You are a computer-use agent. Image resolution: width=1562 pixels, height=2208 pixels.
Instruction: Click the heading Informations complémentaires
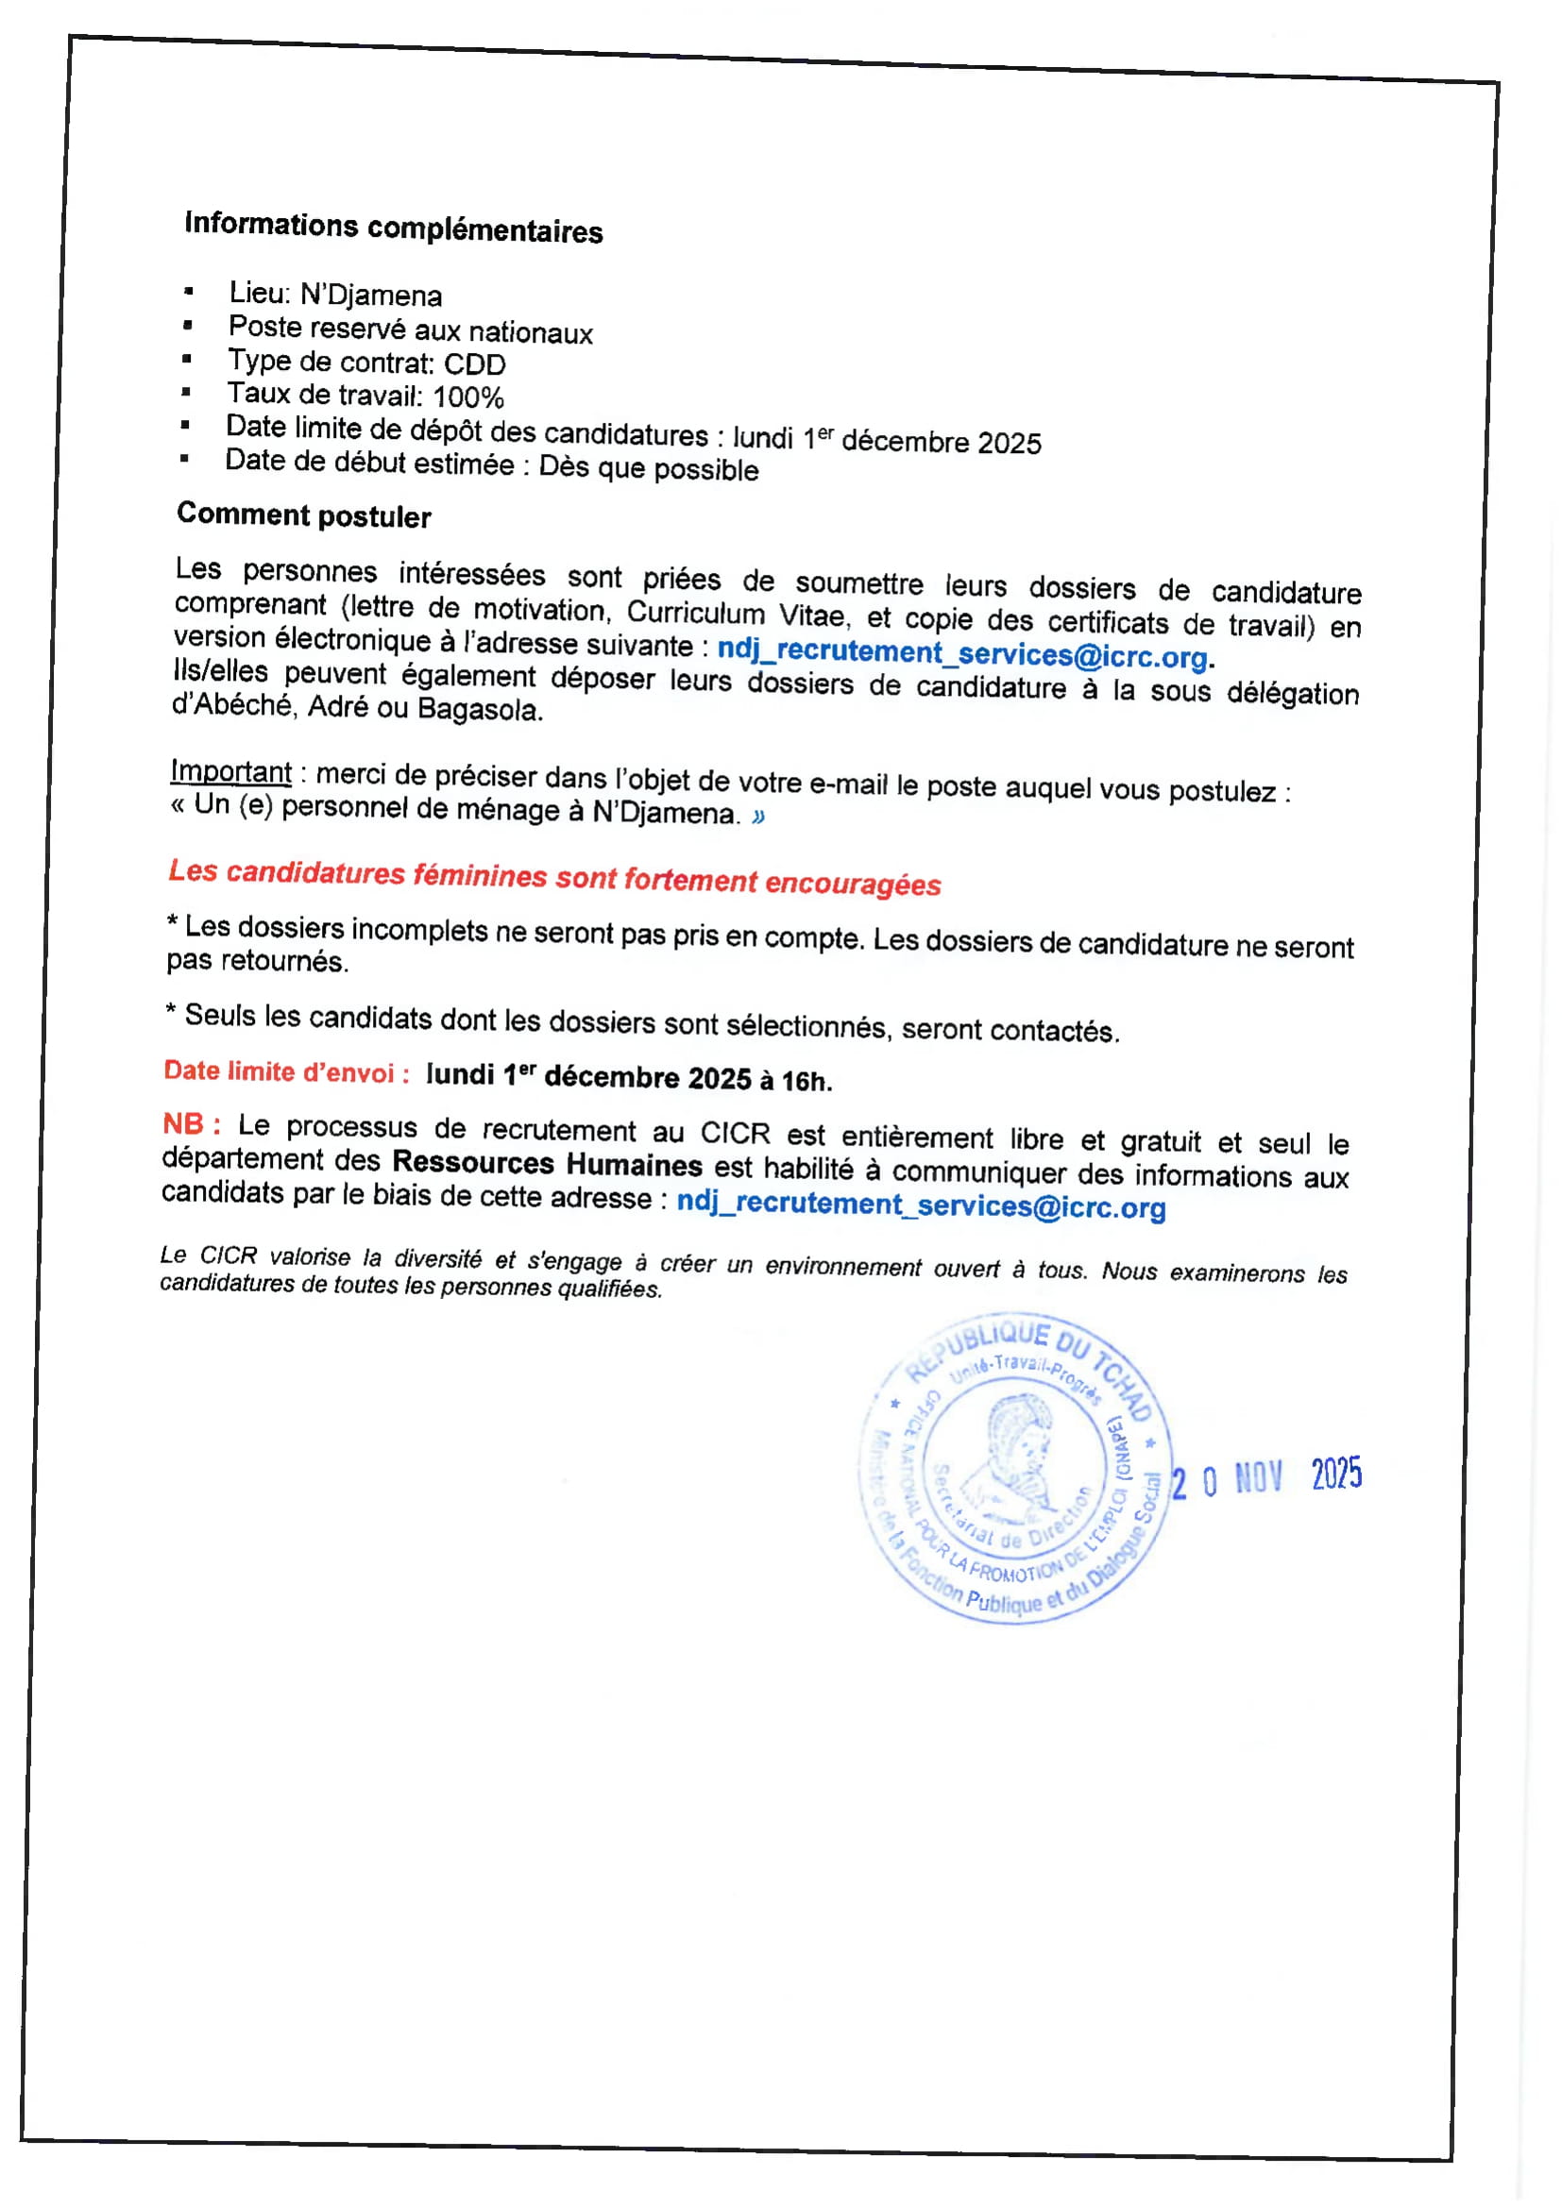[394, 227]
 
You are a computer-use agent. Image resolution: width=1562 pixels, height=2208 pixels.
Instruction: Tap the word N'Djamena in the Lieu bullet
[371, 295]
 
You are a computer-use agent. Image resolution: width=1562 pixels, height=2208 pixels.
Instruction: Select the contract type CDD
[474, 364]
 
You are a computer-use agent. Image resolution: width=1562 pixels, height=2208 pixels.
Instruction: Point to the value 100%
[468, 396]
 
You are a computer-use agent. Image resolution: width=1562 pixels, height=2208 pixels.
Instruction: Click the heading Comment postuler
[304, 515]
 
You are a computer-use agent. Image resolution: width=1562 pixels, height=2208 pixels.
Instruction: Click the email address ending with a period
[962, 653]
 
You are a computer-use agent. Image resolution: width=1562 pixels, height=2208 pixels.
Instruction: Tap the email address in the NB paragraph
[922, 1205]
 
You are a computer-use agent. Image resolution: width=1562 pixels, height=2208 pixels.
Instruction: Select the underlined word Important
[230, 771]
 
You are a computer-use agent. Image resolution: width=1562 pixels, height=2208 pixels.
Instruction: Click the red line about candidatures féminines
[555, 877]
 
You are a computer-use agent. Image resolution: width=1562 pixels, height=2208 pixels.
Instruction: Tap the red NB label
[191, 1123]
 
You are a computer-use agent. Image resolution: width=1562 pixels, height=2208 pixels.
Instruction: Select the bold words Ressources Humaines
[548, 1164]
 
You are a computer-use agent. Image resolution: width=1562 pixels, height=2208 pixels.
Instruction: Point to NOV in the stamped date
[1258, 1478]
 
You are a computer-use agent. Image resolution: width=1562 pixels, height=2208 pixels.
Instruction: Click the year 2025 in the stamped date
[1336, 1474]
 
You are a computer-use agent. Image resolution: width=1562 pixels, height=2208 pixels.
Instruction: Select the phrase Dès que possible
[648, 468]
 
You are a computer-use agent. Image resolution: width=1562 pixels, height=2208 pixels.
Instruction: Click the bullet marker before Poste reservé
[188, 326]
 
